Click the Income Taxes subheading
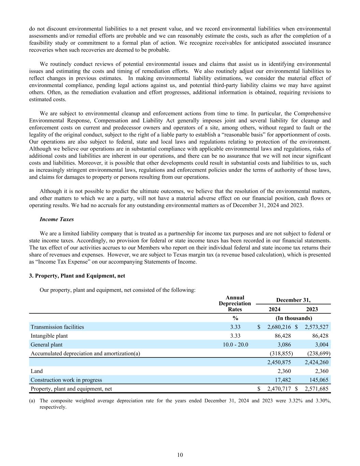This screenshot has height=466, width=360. click(57, 219)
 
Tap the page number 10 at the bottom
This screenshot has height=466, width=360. click(180, 455)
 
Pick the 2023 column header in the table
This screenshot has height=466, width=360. click(312, 309)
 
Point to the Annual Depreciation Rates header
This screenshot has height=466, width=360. click(235, 303)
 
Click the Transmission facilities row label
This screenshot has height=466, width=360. click(57, 327)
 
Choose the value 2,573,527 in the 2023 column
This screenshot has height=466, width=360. click(316, 327)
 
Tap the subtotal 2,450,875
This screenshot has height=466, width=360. click(279, 362)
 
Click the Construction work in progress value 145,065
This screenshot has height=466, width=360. click(319, 380)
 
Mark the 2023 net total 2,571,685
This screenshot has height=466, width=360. click(316, 389)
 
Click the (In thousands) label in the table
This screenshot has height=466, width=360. click(293, 318)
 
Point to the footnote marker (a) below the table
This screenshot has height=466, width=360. click(32, 401)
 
